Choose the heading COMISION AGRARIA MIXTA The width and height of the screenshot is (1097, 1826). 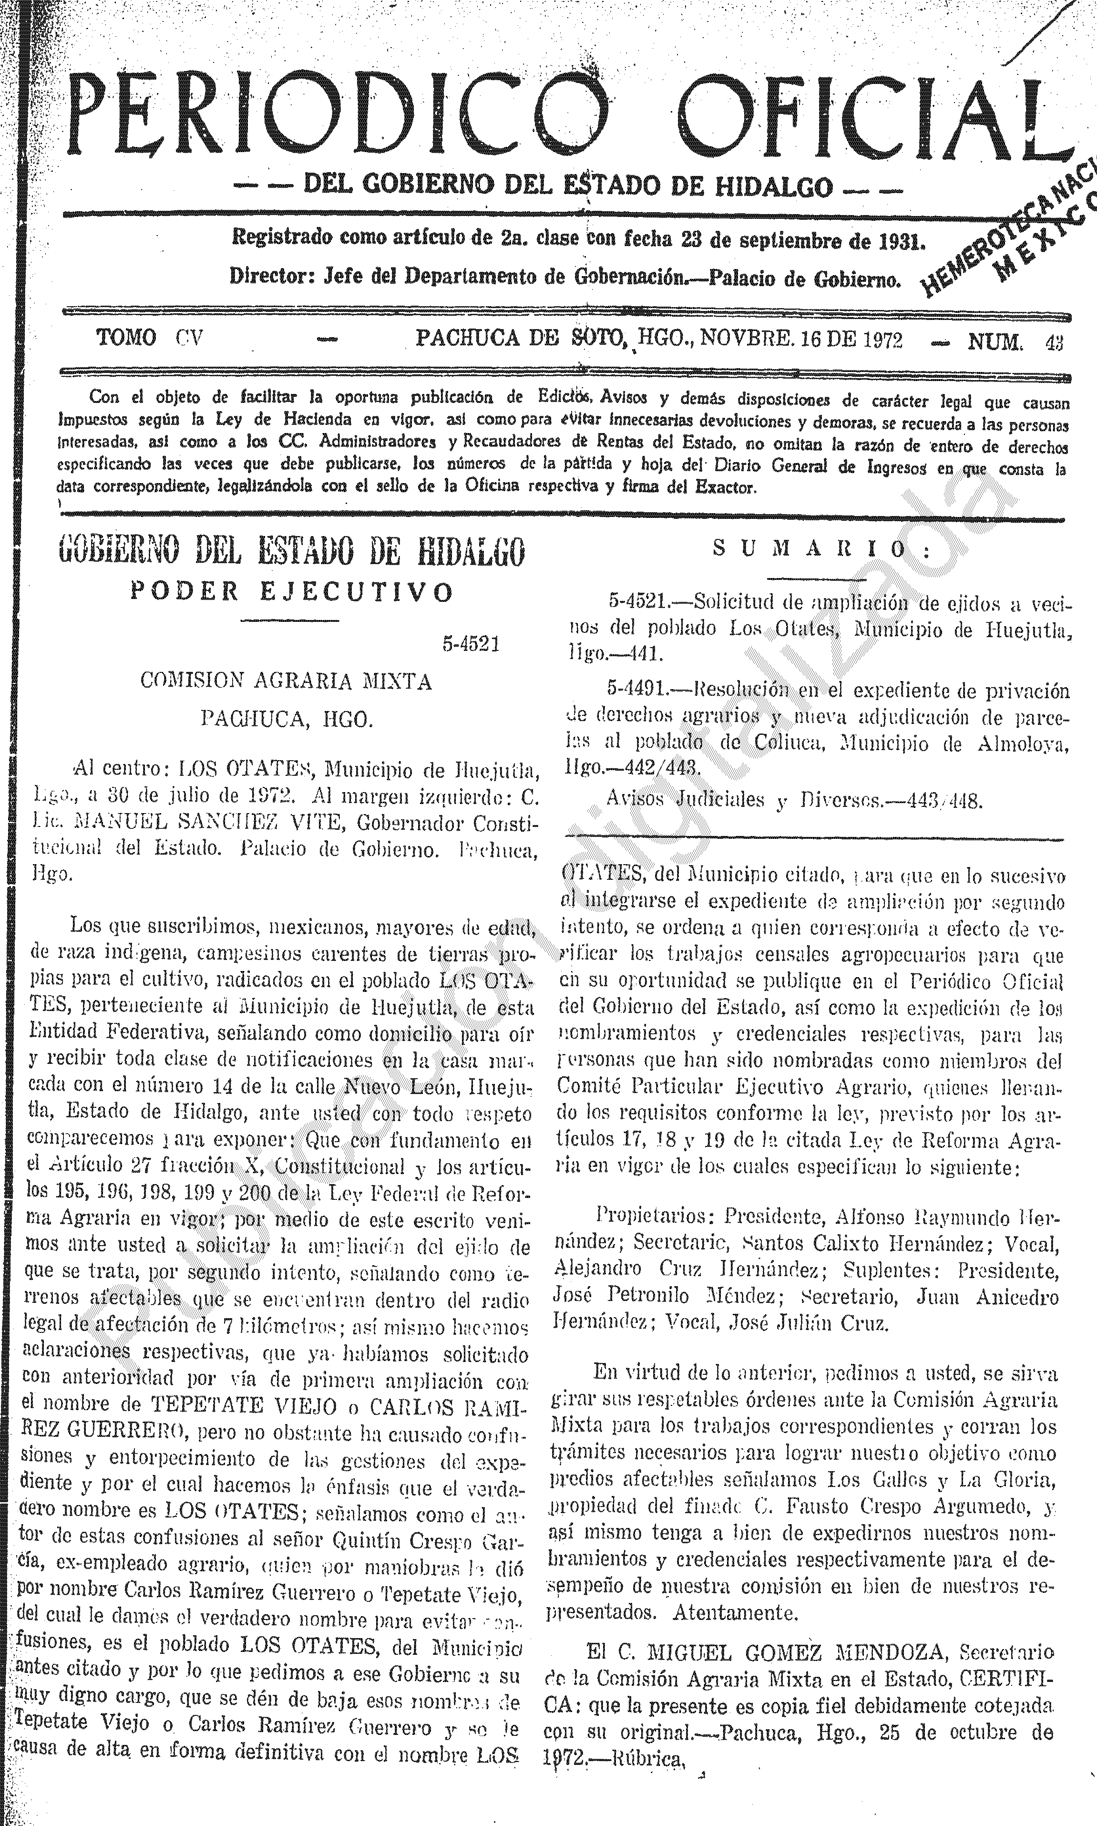click(286, 681)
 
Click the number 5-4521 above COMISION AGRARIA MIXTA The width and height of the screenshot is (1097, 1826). click(471, 644)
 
